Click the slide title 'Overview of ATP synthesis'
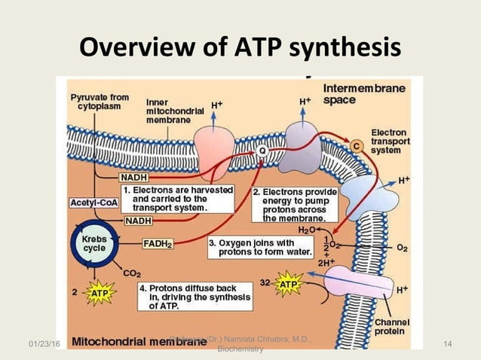[240, 50]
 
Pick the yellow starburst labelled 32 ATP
[288, 285]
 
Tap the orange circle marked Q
[262, 151]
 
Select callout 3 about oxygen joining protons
[253, 248]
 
